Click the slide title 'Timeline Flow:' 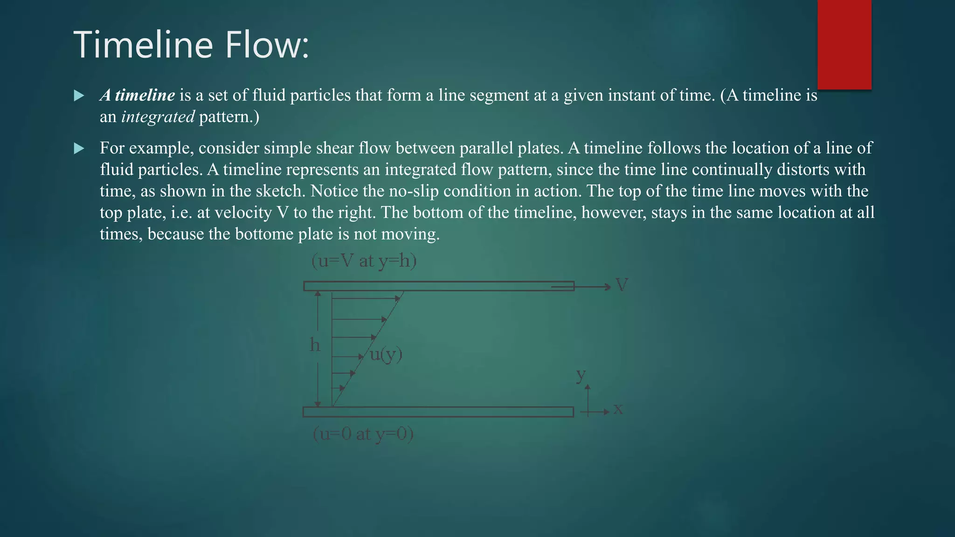click(x=191, y=45)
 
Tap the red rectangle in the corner click(x=844, y=44)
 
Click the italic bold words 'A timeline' click(x=138, y=95)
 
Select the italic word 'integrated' click(x=158, y=117)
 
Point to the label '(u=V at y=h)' click(x=364, y=261)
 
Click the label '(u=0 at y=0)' click(x=363, y=434)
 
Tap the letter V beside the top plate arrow click(x=622, y=285)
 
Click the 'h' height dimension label click(x=315, y=345)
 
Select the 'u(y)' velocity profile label click(x=386, y=355)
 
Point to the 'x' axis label click(x=618, y=409)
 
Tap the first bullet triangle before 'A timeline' click(x=79, y=96)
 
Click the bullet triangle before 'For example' click(x=79, y=149)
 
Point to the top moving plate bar click(x=438, y=286)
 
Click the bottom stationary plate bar click(x=438, y=412)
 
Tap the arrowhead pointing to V click(x=607, y=287)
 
